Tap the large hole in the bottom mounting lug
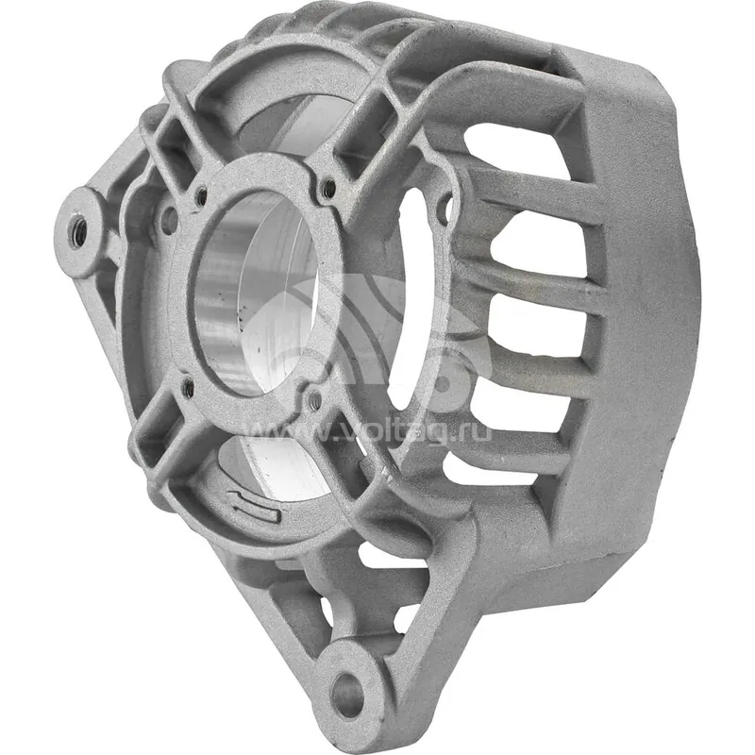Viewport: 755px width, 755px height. (x=347, y=695)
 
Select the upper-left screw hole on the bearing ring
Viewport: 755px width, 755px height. (x=200, y=196)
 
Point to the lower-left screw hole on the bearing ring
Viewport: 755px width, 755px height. (x=188, y=388)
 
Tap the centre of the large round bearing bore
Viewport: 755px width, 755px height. (x=257, y=294)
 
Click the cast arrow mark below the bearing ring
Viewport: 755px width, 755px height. (x=255, y=505)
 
